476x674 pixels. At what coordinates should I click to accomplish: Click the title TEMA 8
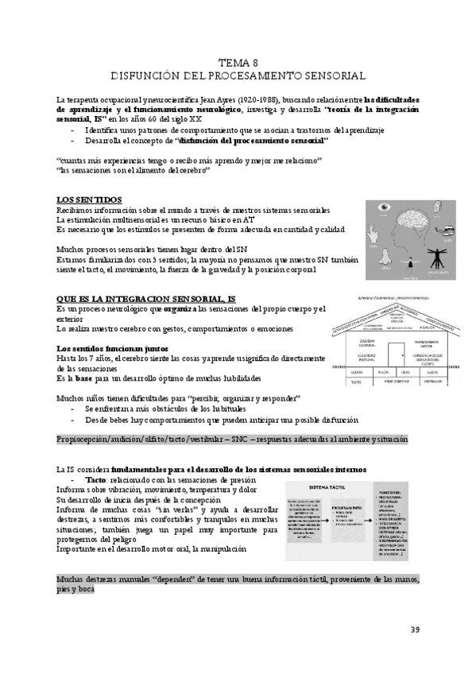point(238,62)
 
